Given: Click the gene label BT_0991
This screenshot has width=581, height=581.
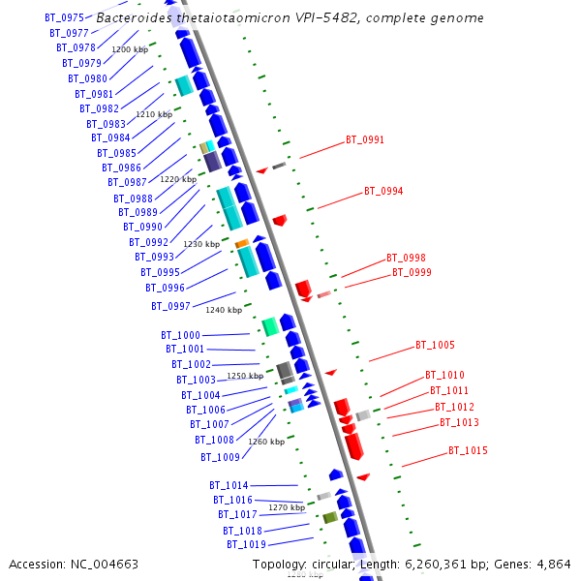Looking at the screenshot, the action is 365,140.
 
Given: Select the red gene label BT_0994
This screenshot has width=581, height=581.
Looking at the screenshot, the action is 383,192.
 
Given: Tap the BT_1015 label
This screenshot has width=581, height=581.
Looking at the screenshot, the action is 468,451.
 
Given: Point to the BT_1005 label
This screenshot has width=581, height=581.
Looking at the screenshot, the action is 435,346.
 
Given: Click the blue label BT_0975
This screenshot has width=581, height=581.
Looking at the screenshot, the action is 64,18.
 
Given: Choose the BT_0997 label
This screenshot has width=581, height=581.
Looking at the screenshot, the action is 170,307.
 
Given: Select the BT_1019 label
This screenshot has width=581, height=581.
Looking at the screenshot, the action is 246,545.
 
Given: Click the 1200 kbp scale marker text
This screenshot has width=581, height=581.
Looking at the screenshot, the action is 130,49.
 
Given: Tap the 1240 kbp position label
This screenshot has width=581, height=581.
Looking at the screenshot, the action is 224,310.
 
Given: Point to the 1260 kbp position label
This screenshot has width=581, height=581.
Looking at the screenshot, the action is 266,442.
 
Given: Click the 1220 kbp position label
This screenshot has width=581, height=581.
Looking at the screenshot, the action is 178,179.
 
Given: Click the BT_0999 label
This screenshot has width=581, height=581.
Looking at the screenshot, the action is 412,273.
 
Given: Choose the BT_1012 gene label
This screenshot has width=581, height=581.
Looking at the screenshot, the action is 454,408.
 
